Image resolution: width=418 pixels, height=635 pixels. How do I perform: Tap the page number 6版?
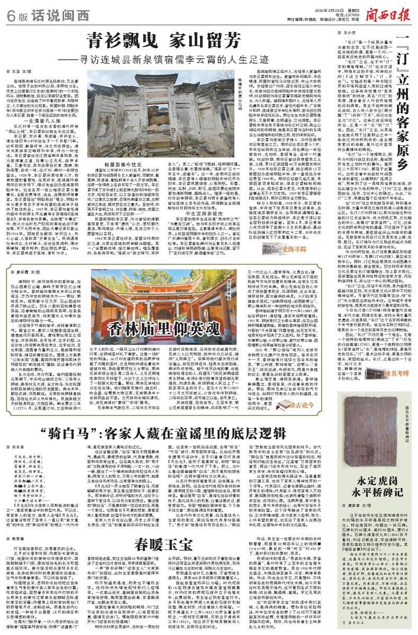point(12,11)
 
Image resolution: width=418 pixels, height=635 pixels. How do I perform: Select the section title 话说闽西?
point(49,11)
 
